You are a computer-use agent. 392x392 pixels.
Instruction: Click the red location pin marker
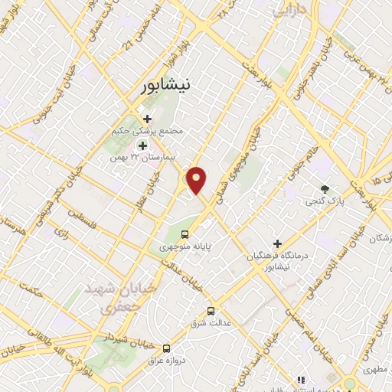197,180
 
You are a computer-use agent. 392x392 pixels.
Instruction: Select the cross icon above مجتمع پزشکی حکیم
147,119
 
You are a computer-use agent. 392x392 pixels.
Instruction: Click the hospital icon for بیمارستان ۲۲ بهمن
142,145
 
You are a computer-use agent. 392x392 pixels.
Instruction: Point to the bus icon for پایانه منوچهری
184,234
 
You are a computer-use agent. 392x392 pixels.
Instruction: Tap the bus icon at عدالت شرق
211,310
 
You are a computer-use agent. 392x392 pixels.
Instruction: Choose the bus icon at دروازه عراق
167,346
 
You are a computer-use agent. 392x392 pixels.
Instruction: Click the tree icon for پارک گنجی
325,188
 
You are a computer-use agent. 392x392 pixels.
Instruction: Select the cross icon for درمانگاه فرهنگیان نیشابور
277,243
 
